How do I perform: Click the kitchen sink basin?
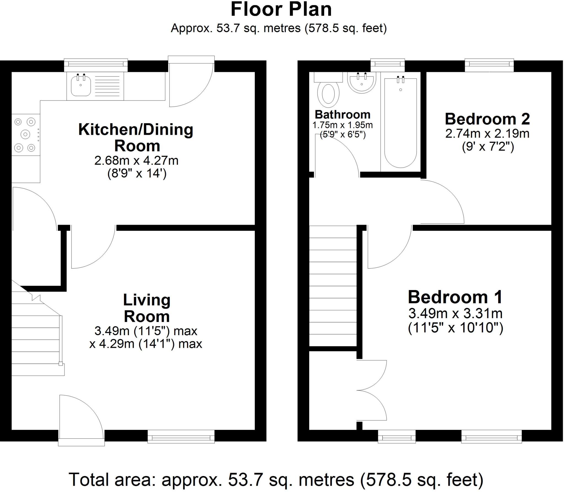pos(81,86)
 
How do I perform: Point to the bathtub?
pos(400,123)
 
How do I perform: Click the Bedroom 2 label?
pos(487,119)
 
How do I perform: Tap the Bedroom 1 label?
pos(455,297)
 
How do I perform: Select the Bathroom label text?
pos(343,114)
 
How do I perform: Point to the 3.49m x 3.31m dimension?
pos(455,313)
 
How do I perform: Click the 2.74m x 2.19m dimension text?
pos(487,134)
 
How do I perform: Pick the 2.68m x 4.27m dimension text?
pos(137,160)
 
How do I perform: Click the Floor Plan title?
pos(281,9)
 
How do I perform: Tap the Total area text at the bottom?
pos(276,480)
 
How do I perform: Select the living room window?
pos(181,436)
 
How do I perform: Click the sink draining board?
pos(107,86)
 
